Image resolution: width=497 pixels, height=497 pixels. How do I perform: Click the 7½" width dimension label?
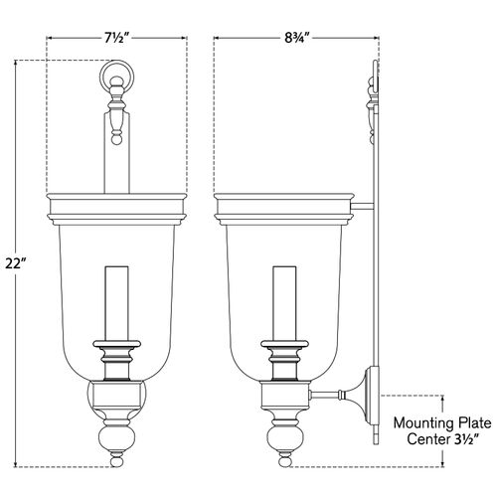(x=116, y=39)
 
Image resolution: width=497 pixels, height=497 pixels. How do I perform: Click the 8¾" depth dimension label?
(x=297, y=39)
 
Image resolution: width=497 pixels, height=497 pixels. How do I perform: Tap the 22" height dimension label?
(x=15, y=263)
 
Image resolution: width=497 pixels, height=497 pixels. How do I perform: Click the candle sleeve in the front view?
(x=116, y=303)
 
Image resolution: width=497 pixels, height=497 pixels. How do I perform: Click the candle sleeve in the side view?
(x=284, y=303)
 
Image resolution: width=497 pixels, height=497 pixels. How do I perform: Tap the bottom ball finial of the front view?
(x=116, y=461)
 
